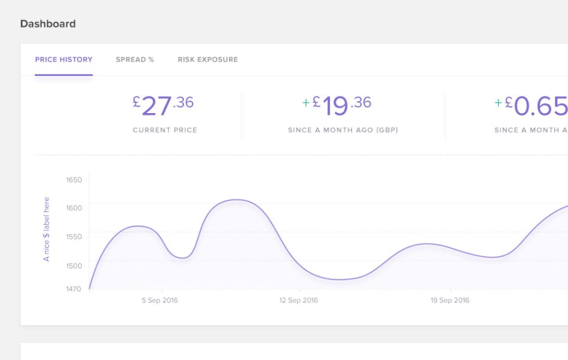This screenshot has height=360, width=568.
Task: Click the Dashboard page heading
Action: click(x=48, y=24)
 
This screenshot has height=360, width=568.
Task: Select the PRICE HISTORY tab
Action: click(x=63, y=60)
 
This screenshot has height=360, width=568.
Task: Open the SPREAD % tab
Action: click(x=135, y=60)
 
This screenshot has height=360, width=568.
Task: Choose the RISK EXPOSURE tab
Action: click(x=208, y=60)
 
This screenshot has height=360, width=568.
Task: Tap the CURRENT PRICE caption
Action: click(x=164, y=130)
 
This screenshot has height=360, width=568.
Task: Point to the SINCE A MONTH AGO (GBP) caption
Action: click(x=343, y=130)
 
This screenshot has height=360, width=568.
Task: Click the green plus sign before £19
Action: click(x=306, y=103)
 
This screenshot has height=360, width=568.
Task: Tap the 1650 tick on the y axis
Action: click(x=74, y=179)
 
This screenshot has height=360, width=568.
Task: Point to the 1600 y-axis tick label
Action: click(x=74, y=208)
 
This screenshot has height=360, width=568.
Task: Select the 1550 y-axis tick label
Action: click(x=74, y=237)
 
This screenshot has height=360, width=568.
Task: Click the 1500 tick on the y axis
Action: click(x=74, y=266)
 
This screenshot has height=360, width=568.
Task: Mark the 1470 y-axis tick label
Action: click(x=74, y=289)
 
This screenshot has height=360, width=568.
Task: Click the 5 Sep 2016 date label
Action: click(x=160, y=300)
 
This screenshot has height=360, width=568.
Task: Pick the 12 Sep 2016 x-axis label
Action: click(x=299, y=300)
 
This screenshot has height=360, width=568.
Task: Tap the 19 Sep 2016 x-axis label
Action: click(x=450, y=300)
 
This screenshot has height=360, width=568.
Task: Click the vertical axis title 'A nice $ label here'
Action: click(x=47, y=229)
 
